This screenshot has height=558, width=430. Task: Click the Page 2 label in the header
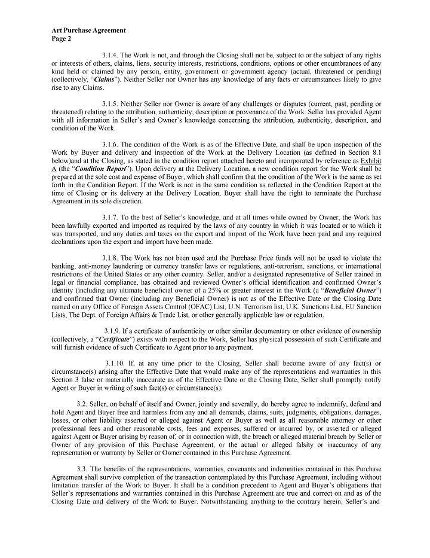(61, 38)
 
